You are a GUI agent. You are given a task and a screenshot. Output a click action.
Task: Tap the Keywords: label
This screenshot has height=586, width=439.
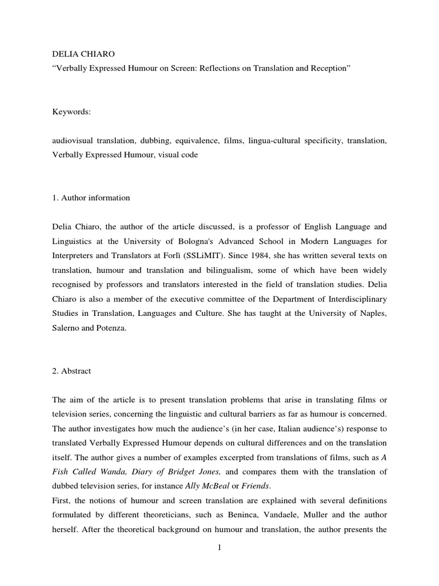click(71, 112)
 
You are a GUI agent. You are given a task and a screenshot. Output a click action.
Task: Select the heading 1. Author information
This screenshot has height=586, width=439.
click(91, 198)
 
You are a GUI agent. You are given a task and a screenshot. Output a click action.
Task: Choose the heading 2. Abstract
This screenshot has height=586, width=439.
click(71, 371)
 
